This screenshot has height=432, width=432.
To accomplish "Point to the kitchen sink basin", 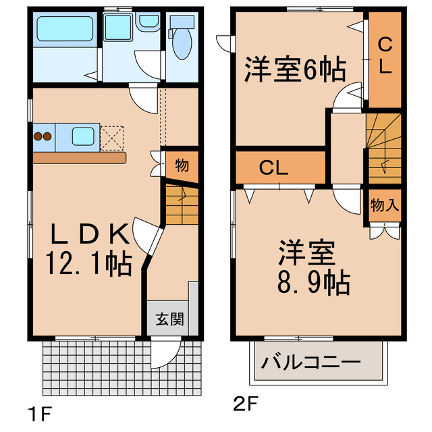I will tap(84, 137).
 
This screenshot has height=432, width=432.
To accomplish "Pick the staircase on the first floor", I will tap(180, 207).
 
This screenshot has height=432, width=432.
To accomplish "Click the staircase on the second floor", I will tap(384, 146).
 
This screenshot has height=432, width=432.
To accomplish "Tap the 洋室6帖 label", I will tap(294, 69).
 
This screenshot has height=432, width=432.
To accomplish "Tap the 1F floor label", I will tap(39, 411).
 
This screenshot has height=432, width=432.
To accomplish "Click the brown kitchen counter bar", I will tap(78, 158).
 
